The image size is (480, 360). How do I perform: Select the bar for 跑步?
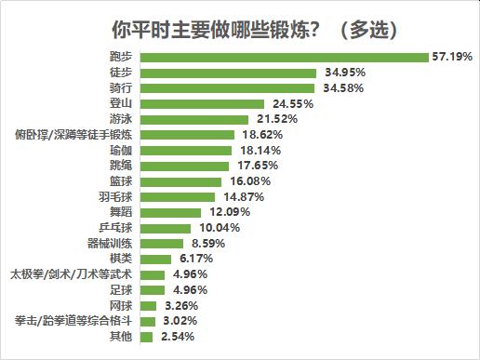pyautogui.click(x=285, y=57)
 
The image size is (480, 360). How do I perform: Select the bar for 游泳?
pyautogui.click(x=194, y=119)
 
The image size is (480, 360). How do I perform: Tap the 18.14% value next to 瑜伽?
pyautogui.click(x=260, y=151)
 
